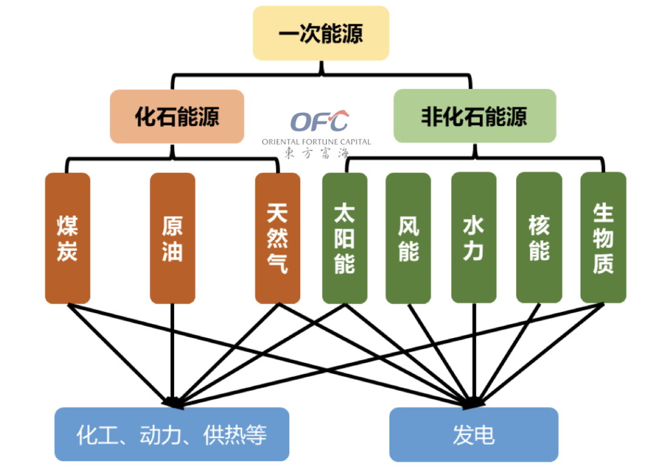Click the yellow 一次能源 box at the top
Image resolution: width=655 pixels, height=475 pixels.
tap(321, 33)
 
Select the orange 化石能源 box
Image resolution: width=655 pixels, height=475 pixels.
tap(177, 116)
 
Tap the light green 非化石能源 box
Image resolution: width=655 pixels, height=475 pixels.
tap(474, 116)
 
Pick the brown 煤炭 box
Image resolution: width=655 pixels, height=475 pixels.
tap(67, 238)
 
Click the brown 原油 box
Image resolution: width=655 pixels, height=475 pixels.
tap(172, 238)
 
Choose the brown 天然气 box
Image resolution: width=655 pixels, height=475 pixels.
tap(277, 238)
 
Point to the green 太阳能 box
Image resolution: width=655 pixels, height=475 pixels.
tap(344, 238)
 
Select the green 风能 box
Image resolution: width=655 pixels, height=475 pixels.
tap(408, 238)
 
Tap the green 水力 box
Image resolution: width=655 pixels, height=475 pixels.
tap(474, 238)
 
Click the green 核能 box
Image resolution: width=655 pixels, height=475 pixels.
tap(539, 238)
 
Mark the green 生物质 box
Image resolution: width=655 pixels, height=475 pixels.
tap(603, 238)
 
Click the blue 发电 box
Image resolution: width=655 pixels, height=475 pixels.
tap(474, 434)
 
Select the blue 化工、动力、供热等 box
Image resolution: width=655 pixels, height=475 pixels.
tap(172, 434)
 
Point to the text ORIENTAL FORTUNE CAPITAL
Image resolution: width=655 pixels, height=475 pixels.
tap(316, 142)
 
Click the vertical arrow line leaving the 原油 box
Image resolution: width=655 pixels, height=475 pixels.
tap(172, 351)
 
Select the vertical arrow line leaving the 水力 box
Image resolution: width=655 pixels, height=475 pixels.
tap(474, 351)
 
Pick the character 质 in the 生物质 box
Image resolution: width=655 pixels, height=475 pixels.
tap(603, 264)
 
